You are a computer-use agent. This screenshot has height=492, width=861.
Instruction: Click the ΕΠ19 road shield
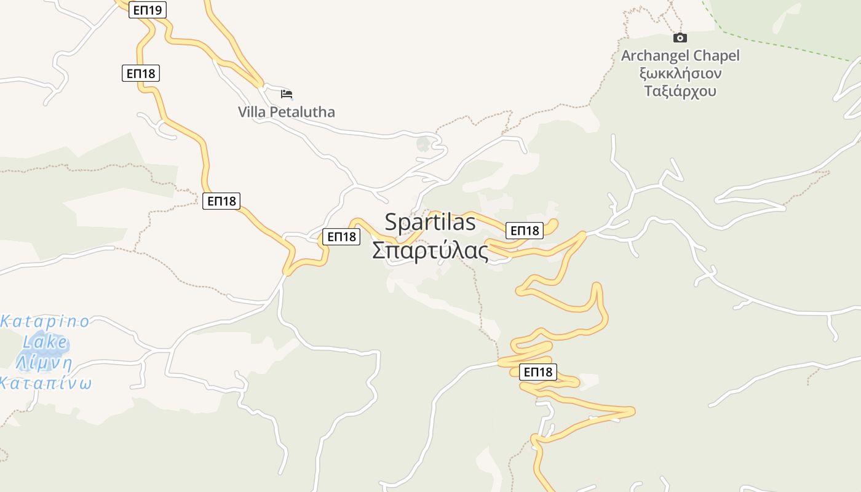tap(148, 10)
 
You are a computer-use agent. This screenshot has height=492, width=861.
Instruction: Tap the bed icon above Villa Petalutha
tap(287, 94)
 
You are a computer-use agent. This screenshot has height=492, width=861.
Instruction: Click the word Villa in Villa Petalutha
tap(252, 112)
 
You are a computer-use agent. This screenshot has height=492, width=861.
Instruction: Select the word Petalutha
tap(301, 112)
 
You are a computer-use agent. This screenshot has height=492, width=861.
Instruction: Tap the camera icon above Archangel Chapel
tap(680, 38)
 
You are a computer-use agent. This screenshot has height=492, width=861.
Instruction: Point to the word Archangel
tap(656, 56)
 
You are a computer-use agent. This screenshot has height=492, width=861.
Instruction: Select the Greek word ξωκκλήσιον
tap(680, 74)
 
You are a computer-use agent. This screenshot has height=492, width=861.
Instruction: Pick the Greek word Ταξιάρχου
tap(680, 92)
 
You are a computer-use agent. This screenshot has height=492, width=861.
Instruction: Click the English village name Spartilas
tap(430, 223)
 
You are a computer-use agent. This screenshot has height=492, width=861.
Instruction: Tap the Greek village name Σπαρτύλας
tap(430, 251)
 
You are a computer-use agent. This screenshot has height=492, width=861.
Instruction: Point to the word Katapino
tap(46, 322)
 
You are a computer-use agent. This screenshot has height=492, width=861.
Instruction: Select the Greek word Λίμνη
tap(44, 363)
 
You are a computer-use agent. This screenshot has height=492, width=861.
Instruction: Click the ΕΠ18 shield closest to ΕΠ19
tap(141, 73)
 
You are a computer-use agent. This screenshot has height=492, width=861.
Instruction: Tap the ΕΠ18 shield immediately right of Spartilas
tap(525, 231)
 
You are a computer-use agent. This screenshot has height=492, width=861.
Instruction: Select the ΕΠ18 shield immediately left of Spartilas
tap(341, 237)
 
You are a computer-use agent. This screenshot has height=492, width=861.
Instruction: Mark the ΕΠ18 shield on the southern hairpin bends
tap(538, 372)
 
